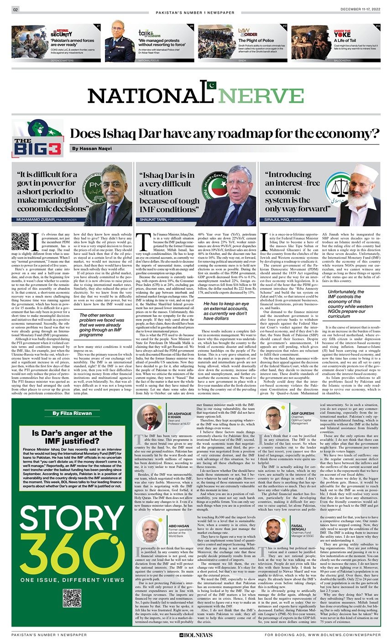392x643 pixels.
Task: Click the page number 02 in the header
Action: (x=15, y=10)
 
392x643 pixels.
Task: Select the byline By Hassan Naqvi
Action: (x=91, y=149)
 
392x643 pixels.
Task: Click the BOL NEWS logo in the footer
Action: (x=196, y=634)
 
